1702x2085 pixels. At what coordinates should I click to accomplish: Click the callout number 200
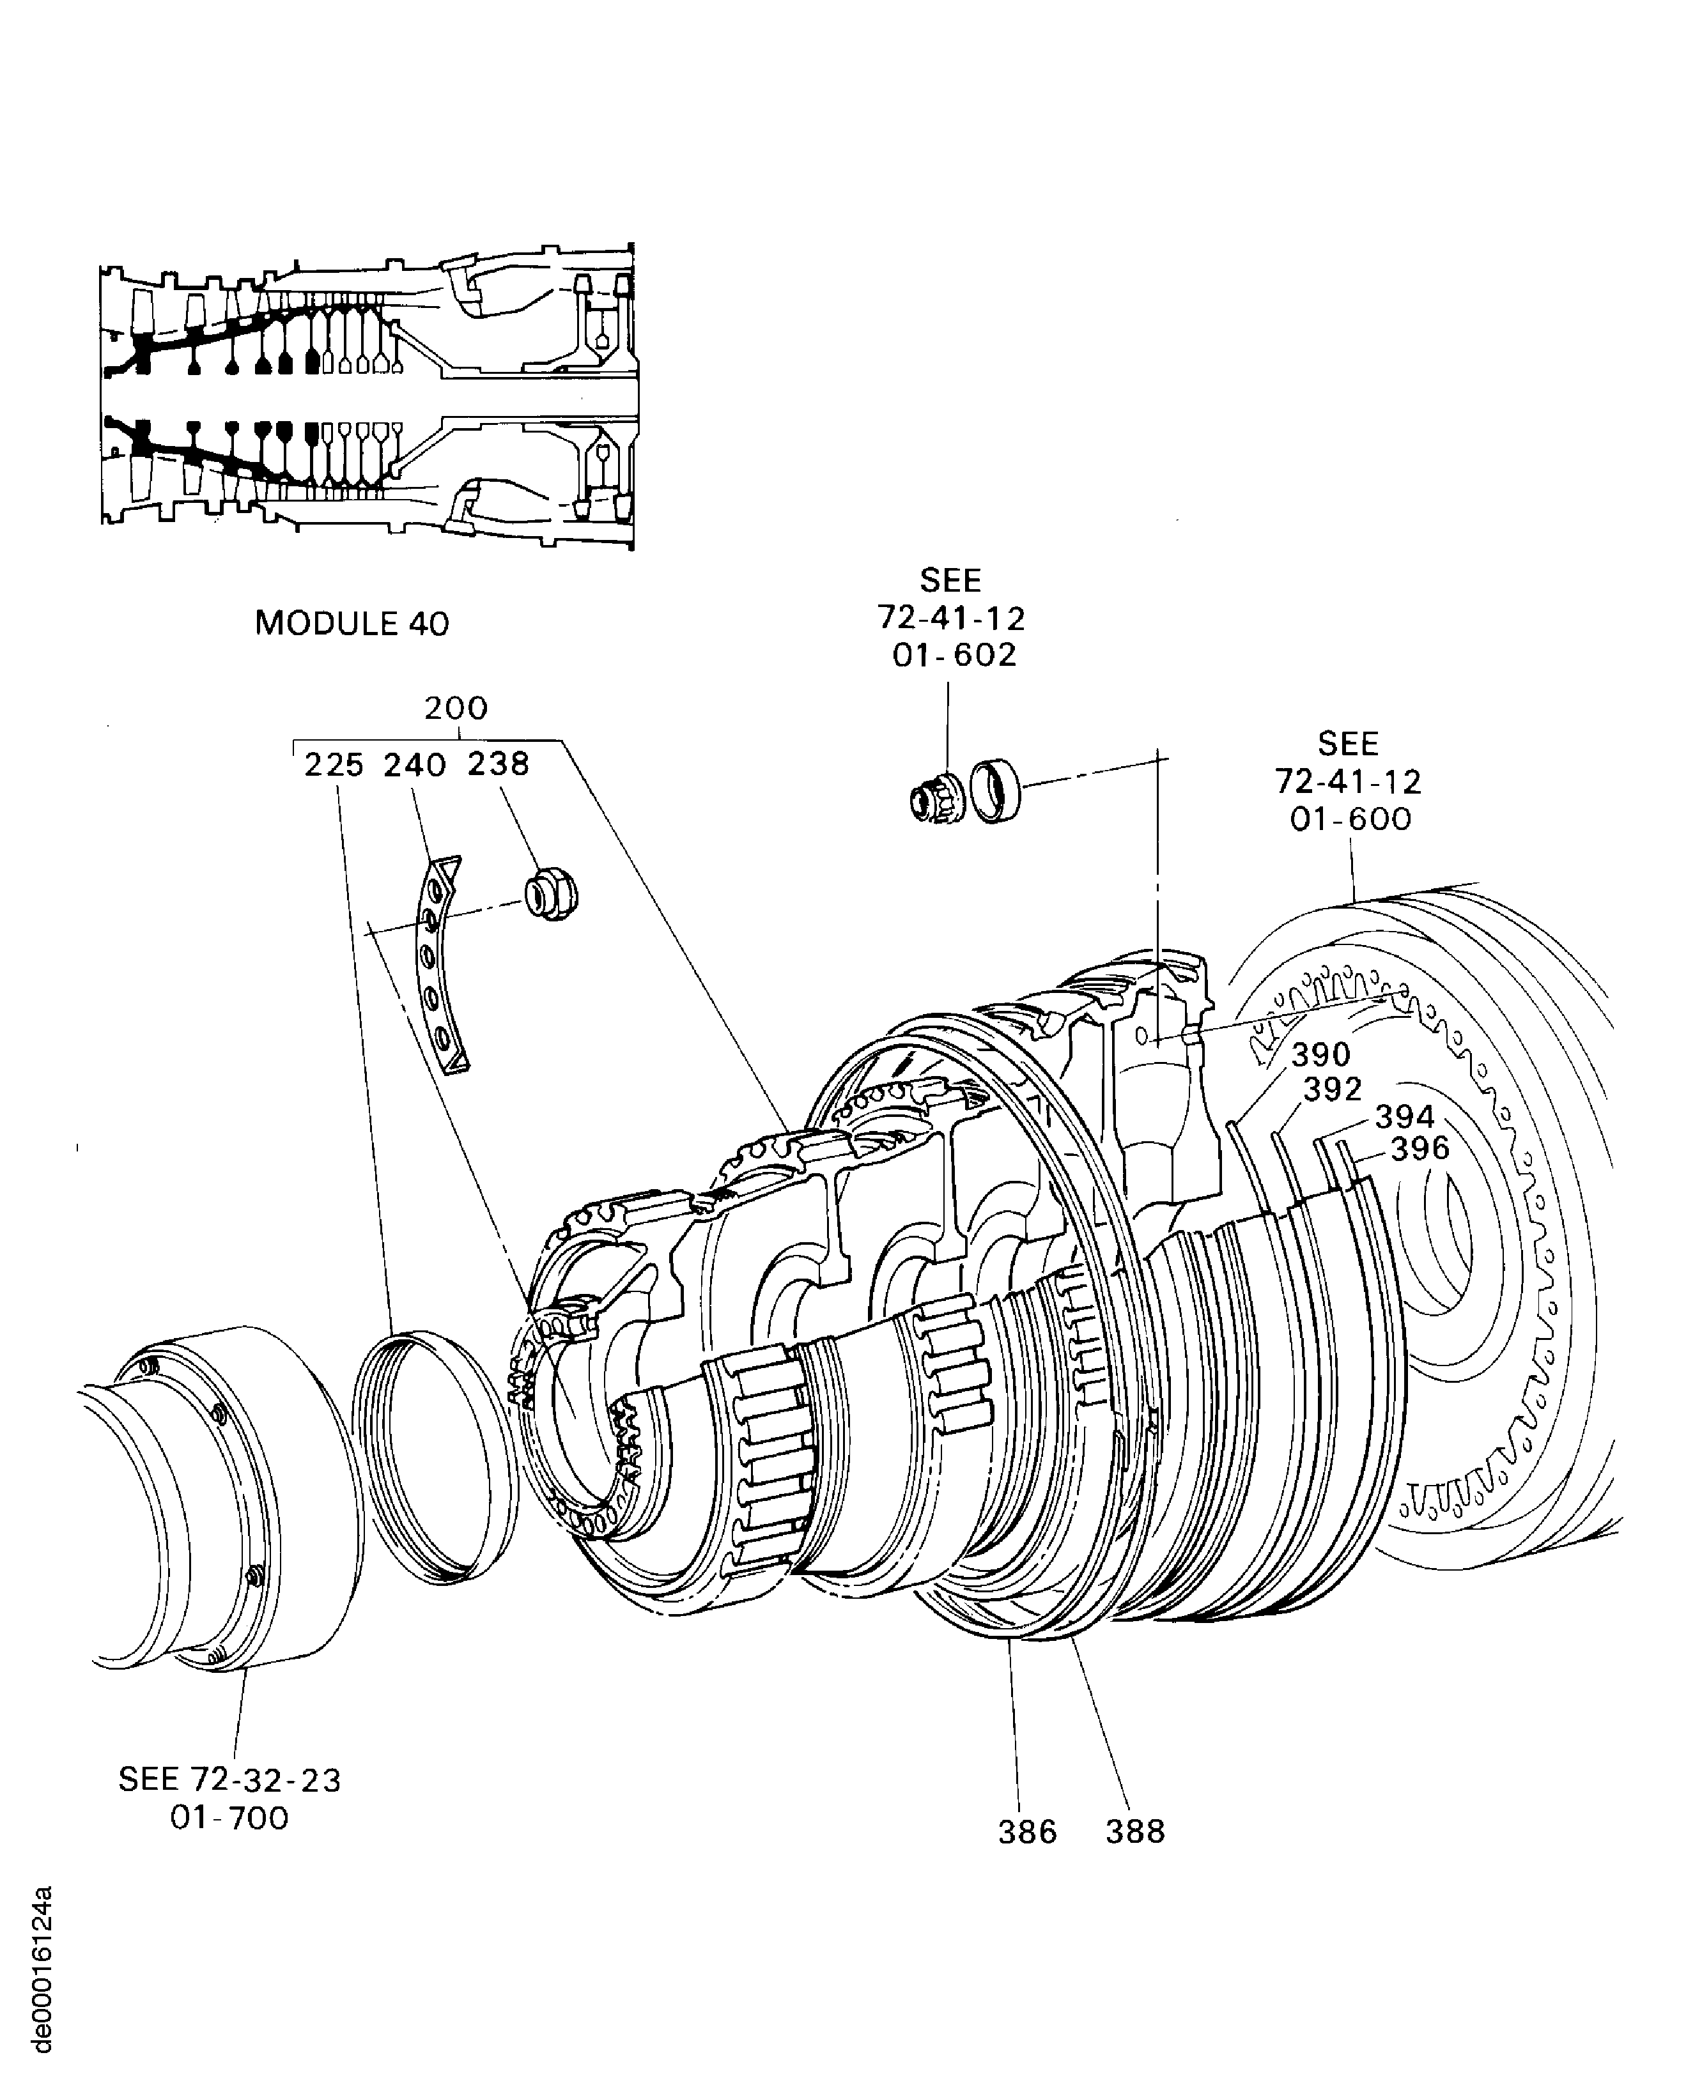[x=456, y=709]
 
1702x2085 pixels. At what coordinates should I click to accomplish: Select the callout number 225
[x=334, y=766]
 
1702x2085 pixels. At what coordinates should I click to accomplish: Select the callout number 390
[x=1320, y=1056]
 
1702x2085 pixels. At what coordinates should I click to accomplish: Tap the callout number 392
[x=1333, y=1089]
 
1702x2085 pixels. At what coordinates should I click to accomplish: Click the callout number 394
[x=1404, y=1116]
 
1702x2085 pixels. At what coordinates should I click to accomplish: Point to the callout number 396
[x=1420, y=1148]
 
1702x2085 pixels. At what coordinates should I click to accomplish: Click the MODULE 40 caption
[x=352, y=624]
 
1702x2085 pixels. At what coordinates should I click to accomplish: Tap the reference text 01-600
[x=1350, y=819]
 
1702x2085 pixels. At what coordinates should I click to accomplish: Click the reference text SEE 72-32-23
[x=229, y=1779]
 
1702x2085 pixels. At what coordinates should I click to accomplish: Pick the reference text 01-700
[x=229, y=1819]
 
